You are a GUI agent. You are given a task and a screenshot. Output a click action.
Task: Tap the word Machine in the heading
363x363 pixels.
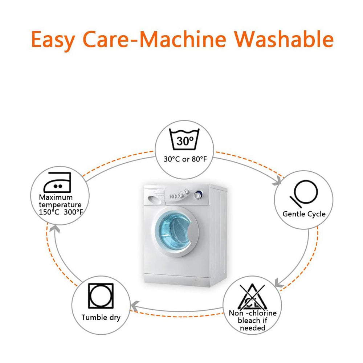tap(183, 39)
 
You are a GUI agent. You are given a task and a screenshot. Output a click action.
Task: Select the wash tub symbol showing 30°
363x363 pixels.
tap(184, 139)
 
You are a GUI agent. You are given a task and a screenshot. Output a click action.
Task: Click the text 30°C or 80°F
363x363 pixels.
tap(185, 159)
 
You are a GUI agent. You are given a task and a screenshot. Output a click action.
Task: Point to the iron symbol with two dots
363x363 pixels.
tap(57, 182)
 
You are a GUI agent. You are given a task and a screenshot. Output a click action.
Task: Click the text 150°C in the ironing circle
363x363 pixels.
tap(49, 212)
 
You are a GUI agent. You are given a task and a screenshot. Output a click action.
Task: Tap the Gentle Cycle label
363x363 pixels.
tap(304, 214)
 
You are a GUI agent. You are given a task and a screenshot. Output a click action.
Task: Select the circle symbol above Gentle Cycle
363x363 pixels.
tap(304, 194)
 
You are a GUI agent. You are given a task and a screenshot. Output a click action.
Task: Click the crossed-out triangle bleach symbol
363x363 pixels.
tap(252, 297)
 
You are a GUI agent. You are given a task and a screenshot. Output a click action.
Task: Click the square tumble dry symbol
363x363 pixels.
tap(101, 296)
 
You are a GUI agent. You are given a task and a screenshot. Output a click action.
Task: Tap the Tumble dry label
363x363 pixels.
tap(101, 317)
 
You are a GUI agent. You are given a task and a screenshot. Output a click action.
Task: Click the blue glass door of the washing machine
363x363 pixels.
tap(174, 231)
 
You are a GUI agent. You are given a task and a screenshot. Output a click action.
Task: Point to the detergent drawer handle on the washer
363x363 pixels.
tap(153, 200)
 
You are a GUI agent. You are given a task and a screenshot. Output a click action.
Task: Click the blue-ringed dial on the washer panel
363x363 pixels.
tap(198, 195)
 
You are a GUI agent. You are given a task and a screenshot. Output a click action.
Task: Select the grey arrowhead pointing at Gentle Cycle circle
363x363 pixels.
tap(277, 181)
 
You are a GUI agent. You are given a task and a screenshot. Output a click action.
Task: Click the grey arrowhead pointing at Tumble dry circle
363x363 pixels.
tap(135, 306)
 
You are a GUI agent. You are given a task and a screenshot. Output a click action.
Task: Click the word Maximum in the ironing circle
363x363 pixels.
tap(56, 197)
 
